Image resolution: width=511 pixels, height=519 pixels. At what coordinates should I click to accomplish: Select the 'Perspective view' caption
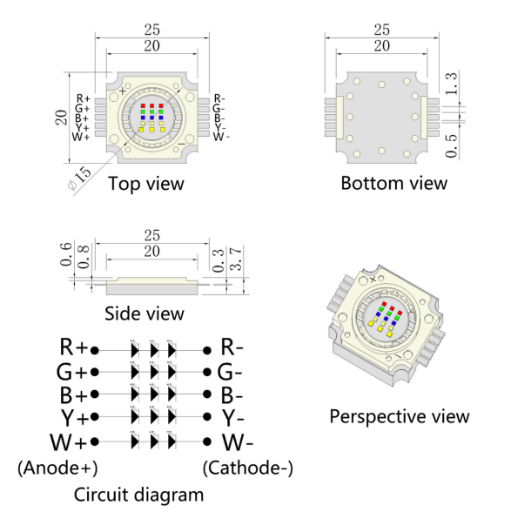pyautogui.click(x=400, y=416)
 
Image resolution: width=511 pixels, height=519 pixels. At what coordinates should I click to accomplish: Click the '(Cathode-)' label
pyautogui.click(x=247, y=468)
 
